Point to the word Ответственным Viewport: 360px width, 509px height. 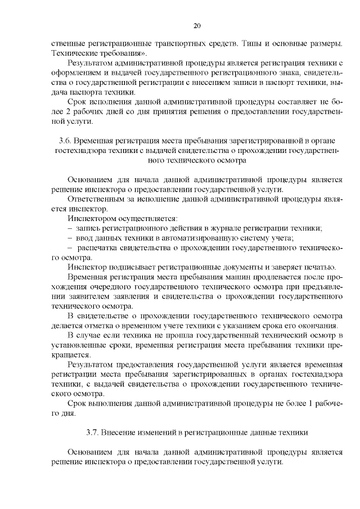coord(96,199)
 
